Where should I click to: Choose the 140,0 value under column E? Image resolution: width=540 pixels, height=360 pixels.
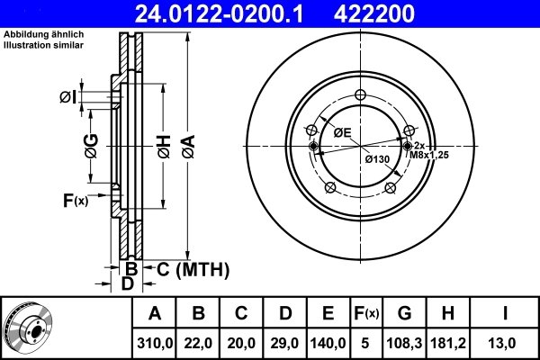[328, 342]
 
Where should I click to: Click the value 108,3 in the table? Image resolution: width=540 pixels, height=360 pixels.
[405, 342]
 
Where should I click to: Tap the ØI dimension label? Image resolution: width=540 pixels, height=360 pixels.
[69, 96]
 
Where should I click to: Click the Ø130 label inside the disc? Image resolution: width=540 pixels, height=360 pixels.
[376, 159]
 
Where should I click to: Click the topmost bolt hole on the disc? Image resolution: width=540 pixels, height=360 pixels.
[360, 96]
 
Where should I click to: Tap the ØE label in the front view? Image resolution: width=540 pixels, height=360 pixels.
[342, 133]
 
